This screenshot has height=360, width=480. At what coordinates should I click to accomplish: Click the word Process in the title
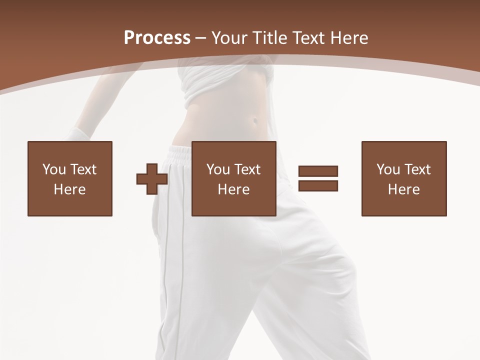[x=157, y=38]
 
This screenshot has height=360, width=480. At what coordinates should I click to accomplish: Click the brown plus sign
[x=152, y=178]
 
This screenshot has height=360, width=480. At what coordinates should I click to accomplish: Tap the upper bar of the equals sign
[x=318, y=171]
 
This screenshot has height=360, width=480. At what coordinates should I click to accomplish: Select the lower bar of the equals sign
[x=318, y=185]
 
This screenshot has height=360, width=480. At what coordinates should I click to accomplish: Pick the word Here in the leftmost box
[x=69, y=189]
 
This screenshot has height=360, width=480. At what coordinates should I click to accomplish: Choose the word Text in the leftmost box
[x=82, y=169]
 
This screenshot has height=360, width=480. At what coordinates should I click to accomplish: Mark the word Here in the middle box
[x=233, y=189]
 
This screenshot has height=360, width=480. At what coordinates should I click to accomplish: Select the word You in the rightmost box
[x=388, y=169]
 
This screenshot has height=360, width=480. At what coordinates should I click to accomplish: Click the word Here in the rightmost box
[x=403, y=189]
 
